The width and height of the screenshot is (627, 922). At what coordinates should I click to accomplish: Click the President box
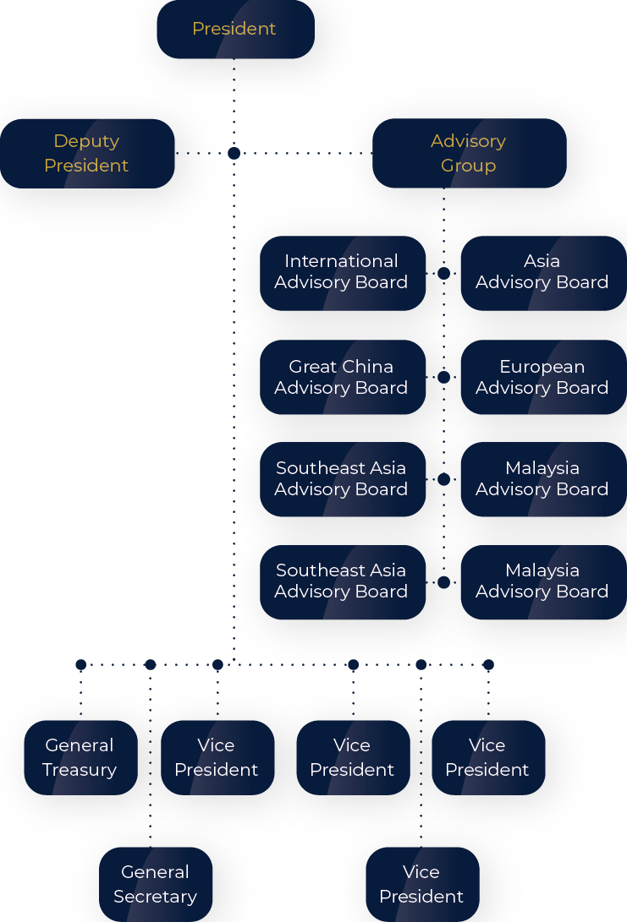click(x=235, y=29)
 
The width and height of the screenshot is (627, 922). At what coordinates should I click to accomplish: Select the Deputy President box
click(x=86, y=153)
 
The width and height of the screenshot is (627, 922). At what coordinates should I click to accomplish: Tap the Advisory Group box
click(x=468, y=153)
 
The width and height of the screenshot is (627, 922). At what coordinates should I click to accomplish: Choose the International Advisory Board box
click(x=342, y=272)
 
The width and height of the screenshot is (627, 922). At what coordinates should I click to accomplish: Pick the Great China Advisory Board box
click(x=342, y=377)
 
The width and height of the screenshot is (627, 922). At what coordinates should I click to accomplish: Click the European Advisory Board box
click(x=542, y=377)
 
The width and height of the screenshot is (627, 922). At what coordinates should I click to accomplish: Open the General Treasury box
click(x=80, y=757)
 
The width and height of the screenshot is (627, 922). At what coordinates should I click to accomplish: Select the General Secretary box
click(x=156, y=884)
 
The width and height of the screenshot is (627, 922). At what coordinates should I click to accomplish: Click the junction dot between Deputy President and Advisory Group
click(x=234, y=153)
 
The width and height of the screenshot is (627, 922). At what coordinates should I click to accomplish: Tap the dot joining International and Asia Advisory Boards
click(x=443, y=273)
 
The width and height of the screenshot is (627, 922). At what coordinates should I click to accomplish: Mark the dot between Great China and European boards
click(x=443, y=377)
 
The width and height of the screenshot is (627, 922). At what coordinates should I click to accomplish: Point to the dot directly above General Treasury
click(x=80, y=664)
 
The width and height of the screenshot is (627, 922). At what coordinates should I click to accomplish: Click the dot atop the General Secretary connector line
click(x=151, y=664)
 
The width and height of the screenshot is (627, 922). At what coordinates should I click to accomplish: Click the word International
click(x=341, y=261)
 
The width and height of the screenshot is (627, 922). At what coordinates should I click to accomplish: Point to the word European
click(x=542, y=367)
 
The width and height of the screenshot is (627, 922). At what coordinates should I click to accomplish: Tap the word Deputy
click(x=86, y=141)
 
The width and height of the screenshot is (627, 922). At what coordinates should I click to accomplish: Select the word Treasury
click(x=80, y=770)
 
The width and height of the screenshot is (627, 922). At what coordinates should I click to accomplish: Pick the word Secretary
click(x=156, y=897)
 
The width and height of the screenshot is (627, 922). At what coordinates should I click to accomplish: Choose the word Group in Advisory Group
click(x=468, y=166)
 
